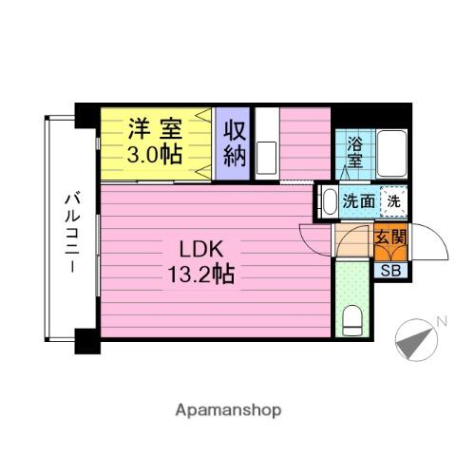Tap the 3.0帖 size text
point(157,155)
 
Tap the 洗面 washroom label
point(358,200)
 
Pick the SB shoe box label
point(389,270)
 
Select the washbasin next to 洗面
point(328,201)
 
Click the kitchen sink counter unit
point(266,142)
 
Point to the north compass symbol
point(411,338)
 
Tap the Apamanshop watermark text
point(227,410)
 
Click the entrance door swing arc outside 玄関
point(432,242)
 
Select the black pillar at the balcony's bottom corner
point(86,339)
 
